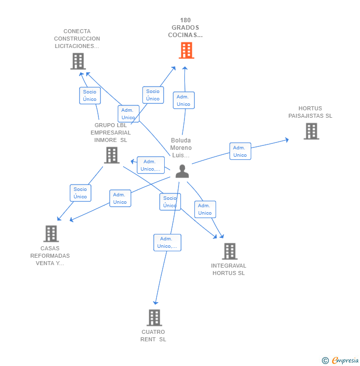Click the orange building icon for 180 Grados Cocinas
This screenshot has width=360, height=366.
[x=186, y=50]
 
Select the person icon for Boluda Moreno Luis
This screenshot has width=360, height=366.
[x=182, y=171]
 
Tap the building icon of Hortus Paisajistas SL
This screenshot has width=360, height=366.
[x=312, y=131]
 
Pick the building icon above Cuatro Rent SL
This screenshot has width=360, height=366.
[x=154, y=318]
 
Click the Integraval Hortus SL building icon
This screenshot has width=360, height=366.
[x=230, y=251]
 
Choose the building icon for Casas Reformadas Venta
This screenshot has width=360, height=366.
[x=51, y=233]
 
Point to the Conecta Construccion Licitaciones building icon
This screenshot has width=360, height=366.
[x=78, y=61]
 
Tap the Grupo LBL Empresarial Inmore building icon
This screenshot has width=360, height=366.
[x=112, y=155]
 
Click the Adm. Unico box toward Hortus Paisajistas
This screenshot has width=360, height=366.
[x=240, y=151]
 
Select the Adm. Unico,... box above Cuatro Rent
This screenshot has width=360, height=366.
[x=167, y=242]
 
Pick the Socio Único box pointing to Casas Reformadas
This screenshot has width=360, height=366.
[x=81, y=193]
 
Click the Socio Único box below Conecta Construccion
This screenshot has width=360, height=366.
[x=90, y=95]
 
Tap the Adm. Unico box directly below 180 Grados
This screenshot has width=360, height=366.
[x=184, y=100]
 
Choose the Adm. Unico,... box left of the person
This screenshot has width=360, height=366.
[x=151, y=165]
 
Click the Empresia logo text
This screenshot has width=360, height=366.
[x=345, y=361]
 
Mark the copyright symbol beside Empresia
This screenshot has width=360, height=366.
[x=325, y=361]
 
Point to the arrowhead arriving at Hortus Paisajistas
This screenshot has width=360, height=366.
[x=287, y=140]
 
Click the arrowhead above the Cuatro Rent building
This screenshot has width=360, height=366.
[x=156, y=303]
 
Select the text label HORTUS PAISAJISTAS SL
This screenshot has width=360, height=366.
[x=311, y=112]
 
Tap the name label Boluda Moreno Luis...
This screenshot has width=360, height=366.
[x=181, y=148]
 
